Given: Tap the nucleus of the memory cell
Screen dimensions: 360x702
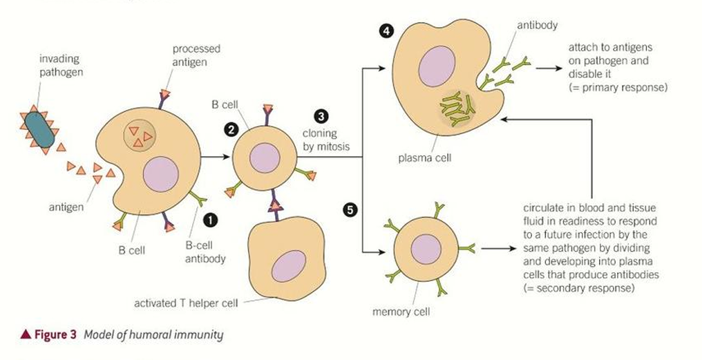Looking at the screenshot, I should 426,249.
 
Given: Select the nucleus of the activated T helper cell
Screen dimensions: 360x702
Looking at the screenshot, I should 289,265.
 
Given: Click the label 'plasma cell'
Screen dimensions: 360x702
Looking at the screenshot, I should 424,158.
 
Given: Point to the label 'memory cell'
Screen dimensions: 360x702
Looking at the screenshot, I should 401,312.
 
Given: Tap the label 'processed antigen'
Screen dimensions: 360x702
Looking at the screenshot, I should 196,55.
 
